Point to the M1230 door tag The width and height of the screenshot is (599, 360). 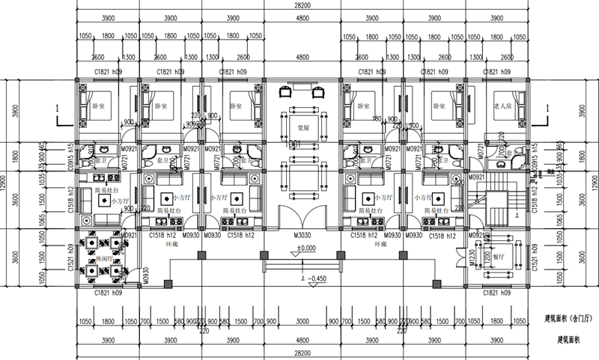pos(471,257)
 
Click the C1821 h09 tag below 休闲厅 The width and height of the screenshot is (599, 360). pos(109,293)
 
